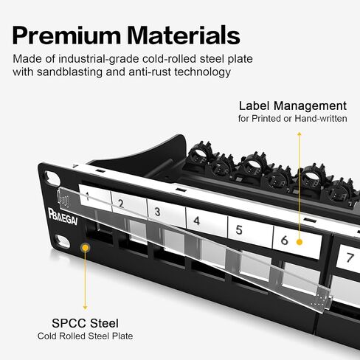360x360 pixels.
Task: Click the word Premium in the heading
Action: [x=66, y=35]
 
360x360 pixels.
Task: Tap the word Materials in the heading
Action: [x=184, y=35]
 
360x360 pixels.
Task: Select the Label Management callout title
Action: [x=293, y=106]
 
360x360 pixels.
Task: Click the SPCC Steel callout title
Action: [x=85, y=323]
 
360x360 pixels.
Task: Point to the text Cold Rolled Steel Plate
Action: [x=85, y=336]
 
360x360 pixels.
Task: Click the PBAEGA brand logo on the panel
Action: [x=63, y=217]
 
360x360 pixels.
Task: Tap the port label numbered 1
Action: [x=95, y=197]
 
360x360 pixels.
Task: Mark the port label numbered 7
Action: [x=349, y=259]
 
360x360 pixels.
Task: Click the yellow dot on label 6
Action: [x=300, y=242]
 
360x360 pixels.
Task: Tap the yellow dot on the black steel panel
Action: [x=86, y=248]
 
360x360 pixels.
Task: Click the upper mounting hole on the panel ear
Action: [x=52, y=179]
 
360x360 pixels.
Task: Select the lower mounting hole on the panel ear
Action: [x=62, y=241]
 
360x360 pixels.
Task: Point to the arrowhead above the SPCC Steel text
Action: [x=85, y=308]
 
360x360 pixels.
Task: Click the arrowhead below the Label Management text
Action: [x=300, y=134]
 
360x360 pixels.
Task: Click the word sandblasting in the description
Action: [x=69, y=72]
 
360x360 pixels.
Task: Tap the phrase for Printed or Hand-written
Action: [x=293, y=119]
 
